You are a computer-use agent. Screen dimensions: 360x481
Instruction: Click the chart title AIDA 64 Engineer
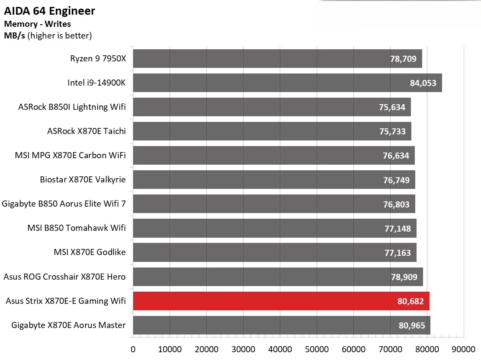click(50, 11)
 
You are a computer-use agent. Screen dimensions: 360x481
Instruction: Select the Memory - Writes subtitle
click(37, 24)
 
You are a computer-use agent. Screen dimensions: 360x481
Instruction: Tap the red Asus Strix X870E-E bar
click(281, 301)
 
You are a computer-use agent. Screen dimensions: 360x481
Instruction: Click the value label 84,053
click(423, 83)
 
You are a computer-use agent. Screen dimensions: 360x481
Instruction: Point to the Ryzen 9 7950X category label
click(98, 58)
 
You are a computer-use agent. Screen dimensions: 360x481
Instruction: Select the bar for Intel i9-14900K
click(287, 83)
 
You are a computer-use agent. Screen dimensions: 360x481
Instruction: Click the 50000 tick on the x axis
click(317, 349)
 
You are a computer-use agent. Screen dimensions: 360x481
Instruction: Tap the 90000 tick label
click(464, 349)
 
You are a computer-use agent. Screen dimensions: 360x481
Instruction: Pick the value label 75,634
click(391, 107)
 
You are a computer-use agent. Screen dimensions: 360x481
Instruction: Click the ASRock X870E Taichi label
click(87, 131)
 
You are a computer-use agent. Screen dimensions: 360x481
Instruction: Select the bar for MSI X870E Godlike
click(274, 252)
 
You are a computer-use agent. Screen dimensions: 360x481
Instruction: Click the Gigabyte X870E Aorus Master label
click(68, 325)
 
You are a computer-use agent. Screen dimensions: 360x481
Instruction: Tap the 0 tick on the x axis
click(133, 349)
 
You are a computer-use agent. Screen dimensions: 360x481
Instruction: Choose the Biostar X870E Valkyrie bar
click(274, 180)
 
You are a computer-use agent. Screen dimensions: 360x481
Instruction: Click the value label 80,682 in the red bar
click(410, 301)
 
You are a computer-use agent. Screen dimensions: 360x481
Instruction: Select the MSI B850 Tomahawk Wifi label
click(77, 228)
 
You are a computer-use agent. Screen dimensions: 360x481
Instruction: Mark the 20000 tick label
click(206, 349)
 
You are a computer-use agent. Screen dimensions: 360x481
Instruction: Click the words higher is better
click(60, 36)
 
